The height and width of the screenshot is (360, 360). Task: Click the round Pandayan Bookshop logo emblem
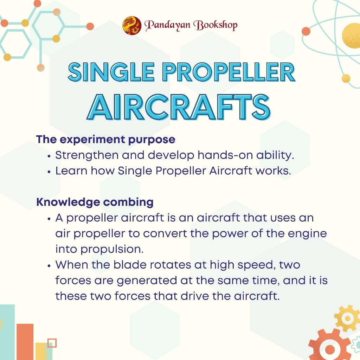(x=132, y=25)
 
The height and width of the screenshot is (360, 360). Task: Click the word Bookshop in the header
(x=216, y=25)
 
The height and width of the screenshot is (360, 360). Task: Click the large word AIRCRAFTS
(x=179, y=107)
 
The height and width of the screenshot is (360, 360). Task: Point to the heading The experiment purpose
(x=105, y=140)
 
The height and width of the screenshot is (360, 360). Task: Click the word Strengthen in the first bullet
(x=87, y=156)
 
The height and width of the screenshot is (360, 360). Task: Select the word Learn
(x=71, y=171)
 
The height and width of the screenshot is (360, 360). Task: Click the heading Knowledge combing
(x=95, y=202)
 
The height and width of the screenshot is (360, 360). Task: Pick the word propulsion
(x=112, y=250)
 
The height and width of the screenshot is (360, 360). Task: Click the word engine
(x=307, y=234)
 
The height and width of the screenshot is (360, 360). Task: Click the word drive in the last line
(x=195, y=296)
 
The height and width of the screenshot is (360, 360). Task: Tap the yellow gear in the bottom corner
(x=347, y=318)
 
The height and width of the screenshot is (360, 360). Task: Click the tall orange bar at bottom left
(x=25, y=342)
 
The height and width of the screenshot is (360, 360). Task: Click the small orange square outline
(x=52, y=343)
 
